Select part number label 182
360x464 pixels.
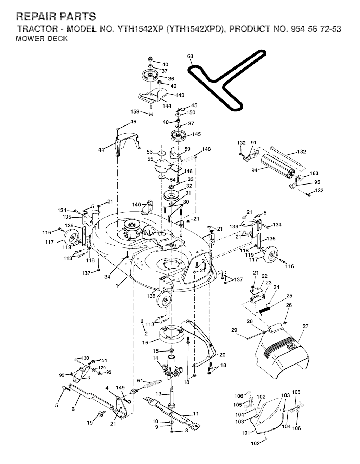(302, 152)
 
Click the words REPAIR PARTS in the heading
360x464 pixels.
(56, 17)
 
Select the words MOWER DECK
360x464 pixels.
(42, 39)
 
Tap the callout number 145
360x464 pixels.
(196, 134)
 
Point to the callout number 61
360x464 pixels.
(140, 380)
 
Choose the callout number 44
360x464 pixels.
(101, 150)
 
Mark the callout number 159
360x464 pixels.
(135, 111)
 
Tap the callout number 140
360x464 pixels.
(136, 205)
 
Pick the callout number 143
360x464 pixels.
(180, 95)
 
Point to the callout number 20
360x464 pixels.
(222, 355)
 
